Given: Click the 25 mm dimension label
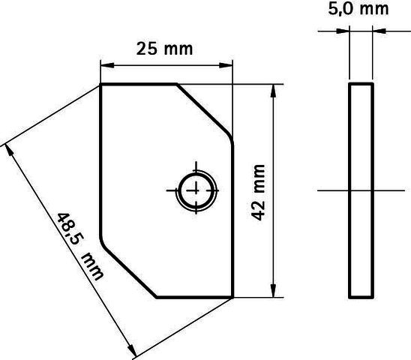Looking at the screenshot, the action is pyautogui.click(x=164, y=49).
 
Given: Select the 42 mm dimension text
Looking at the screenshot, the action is pyautogui.click(x=258, y=193).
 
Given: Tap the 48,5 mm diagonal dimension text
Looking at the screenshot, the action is pyautogui.click(x=80, y=247).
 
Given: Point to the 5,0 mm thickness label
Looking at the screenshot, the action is pyautogui.click(x=358, y=9).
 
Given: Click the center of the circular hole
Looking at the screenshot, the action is pyautogui.click(x=196, y=190).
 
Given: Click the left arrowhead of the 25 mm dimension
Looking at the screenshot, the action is pyautogui.click(x=107, y=65).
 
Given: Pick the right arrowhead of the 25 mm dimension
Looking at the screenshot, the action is pyautogui.click(x=226, y=65).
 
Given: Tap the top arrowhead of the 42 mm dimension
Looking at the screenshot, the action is pyautogui.click(x=273, y=91).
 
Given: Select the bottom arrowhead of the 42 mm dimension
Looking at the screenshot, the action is pyautogui.click(x=273, y=290).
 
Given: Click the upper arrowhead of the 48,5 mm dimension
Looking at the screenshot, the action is pyautogui.click(x=9, y=150).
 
